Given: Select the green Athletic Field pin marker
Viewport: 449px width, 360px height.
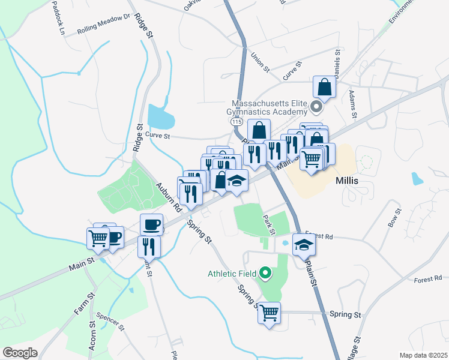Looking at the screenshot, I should pyautogui.click(x=265, y=274).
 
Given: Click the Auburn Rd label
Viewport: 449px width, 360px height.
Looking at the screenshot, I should pyautogui.click(x=169, y=198).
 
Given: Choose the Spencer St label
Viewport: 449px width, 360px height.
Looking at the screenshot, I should pyautogui.click(x=113, y=320).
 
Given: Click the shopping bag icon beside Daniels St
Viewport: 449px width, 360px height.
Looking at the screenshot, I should pyautogui.click(x=324, y=88).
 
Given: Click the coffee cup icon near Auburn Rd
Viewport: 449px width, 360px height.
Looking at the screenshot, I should pyautogui.click(x=151, y=224).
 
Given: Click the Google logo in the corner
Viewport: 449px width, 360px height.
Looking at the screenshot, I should pyautogui.click(x=20, y=353).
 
